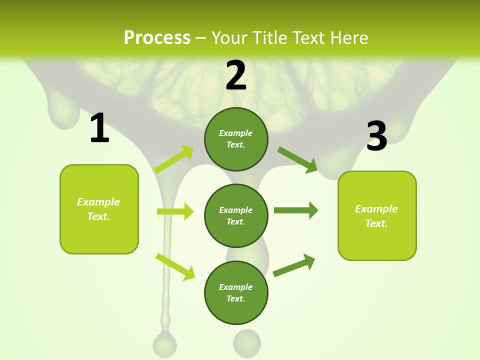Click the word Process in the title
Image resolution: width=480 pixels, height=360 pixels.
coord(157,37)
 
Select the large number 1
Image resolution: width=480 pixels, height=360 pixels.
coord(99,128)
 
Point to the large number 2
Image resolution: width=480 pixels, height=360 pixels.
coord(236,75)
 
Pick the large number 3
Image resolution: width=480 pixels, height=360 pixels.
coord(377,136)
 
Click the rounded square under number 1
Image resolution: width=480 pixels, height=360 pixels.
coord(99,209)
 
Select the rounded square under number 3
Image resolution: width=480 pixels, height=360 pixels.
coord(377,215)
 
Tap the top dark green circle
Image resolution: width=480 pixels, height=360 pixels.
coord(236,139)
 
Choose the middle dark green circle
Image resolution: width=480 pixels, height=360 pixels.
coord(236,215)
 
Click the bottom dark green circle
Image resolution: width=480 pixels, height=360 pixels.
coord(236,292)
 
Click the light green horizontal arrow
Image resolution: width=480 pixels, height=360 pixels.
coord(175,211)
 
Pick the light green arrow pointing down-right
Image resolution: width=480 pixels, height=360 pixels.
coord(175,266)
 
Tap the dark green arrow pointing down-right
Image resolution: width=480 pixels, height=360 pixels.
coord(297,159)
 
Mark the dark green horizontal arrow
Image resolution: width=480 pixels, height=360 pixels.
coord(296,210)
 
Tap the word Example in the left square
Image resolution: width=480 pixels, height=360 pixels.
coord(98,202)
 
